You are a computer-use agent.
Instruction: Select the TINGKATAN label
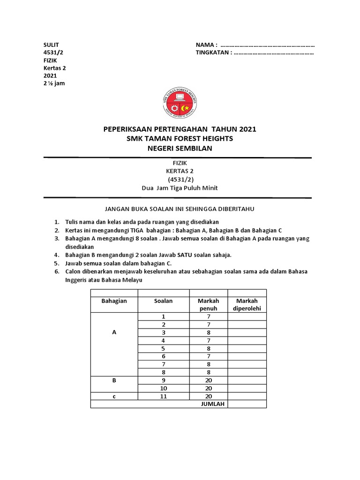point(213,52)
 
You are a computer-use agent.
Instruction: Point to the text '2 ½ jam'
point(53,83)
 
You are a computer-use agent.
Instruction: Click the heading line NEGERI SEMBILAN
point(180,149)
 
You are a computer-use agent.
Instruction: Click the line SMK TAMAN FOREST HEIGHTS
point(180,139)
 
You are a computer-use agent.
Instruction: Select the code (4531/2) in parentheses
point(180,180)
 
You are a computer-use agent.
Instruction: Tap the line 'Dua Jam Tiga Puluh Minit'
point(180,188)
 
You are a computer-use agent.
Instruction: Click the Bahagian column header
point(114,301)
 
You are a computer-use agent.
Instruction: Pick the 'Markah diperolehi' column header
point(247,305)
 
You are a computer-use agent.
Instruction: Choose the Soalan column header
point(163,301)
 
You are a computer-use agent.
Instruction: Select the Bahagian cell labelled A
point(114,332)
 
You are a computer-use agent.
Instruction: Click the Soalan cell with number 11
point(163,396)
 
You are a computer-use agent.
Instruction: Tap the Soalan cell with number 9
point(163,380)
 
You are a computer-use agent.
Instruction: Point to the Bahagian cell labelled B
point(114,380)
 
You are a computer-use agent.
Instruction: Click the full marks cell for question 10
point(208,388)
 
